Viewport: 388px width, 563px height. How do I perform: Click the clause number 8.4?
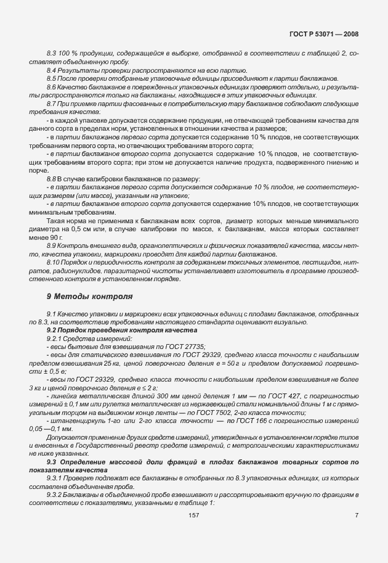point(52,71)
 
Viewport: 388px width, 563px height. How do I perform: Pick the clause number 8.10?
point(53,263)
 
